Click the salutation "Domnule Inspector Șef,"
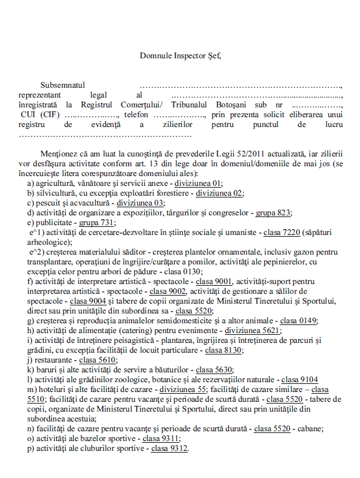(180, 56)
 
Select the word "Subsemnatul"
(63, 85)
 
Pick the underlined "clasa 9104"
(299, 379)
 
